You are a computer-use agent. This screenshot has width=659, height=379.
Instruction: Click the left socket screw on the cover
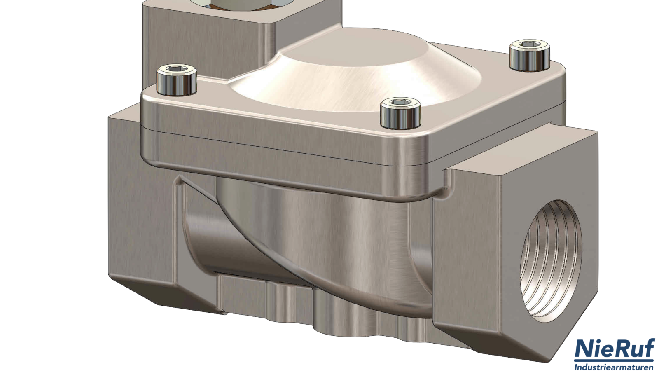(177, 80)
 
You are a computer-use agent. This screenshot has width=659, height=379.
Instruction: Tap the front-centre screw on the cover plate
(400, 113)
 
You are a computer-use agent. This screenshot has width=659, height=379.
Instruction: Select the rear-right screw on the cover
(530, 55)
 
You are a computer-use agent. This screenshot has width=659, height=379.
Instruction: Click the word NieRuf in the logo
(615, 350)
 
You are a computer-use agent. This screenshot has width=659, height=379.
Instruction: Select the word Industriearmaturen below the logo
(614, 367)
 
